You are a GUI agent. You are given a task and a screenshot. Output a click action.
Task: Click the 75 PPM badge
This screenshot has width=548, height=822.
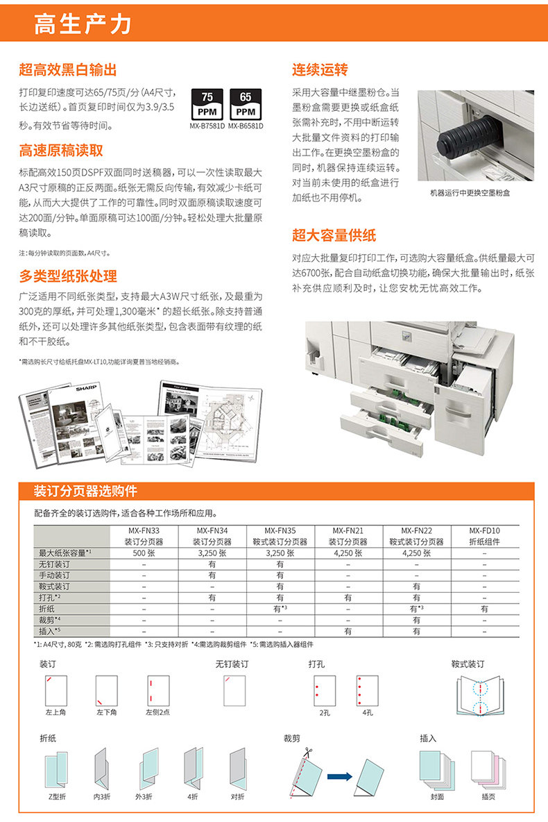pyautogui.click(x=207, y=104)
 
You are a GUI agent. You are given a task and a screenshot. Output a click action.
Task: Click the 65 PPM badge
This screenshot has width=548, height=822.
pyautogui.click(x=245, y=104)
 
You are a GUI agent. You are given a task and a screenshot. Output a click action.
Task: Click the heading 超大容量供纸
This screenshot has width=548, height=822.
pyautogui.click(x=334, y=235)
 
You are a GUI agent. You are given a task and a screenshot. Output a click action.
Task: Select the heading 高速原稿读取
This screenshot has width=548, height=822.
pyautogui.click(x=61, y=151)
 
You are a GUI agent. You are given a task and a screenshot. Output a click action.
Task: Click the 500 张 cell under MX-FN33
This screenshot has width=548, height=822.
pyautogui.click(x=144, y=553)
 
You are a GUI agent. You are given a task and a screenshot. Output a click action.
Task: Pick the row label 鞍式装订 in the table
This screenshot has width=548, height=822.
pyautogui.click(x=54, y=587)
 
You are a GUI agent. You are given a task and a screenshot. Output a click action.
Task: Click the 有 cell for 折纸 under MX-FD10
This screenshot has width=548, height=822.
pyautogui.click(x=484, y=609)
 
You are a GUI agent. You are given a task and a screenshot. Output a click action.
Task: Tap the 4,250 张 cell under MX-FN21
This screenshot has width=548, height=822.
pyautogui.click(x=348, y=553)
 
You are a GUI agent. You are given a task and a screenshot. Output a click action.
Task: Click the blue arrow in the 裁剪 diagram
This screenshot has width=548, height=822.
pyautogui.click(x=339, y=776)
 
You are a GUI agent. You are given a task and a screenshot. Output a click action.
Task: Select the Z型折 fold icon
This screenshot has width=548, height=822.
pyautogui.click(x=55, y=771)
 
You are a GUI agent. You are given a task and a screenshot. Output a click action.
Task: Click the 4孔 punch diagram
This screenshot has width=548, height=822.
pyautogui.click(x=367, y=690)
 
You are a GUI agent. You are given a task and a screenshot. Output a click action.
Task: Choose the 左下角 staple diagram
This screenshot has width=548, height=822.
pyautogui.click(x=106, y=690)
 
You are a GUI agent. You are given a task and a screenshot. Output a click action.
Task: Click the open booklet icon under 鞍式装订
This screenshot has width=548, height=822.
pyautogui.click(x=479, y=696)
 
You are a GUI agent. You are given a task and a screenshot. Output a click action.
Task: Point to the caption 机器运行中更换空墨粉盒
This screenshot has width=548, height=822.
pyautogui.click(x=470, y=193)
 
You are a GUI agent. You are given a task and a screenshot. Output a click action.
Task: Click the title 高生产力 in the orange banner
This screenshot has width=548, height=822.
pyautogui.click(x=83, y=24)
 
